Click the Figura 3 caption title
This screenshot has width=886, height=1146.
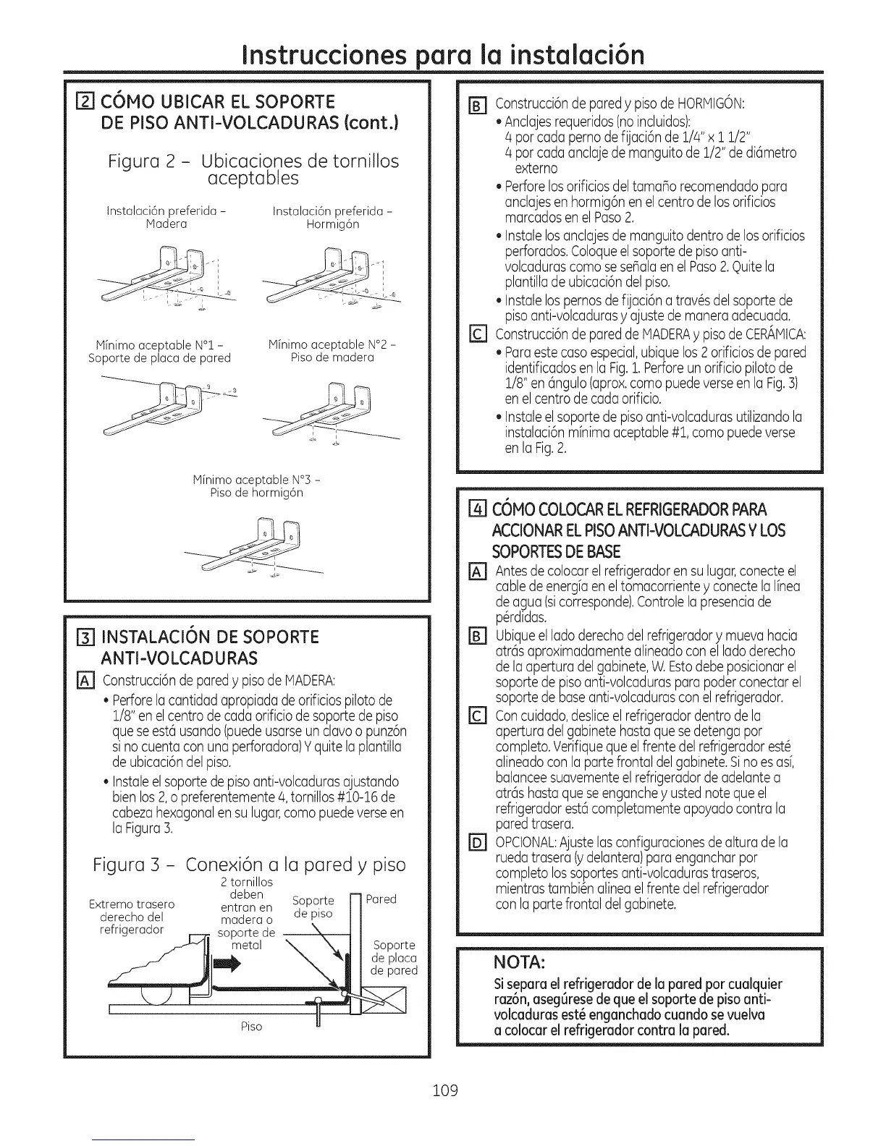249,865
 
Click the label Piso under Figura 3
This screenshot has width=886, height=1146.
252,1027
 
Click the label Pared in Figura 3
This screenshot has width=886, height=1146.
381,899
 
